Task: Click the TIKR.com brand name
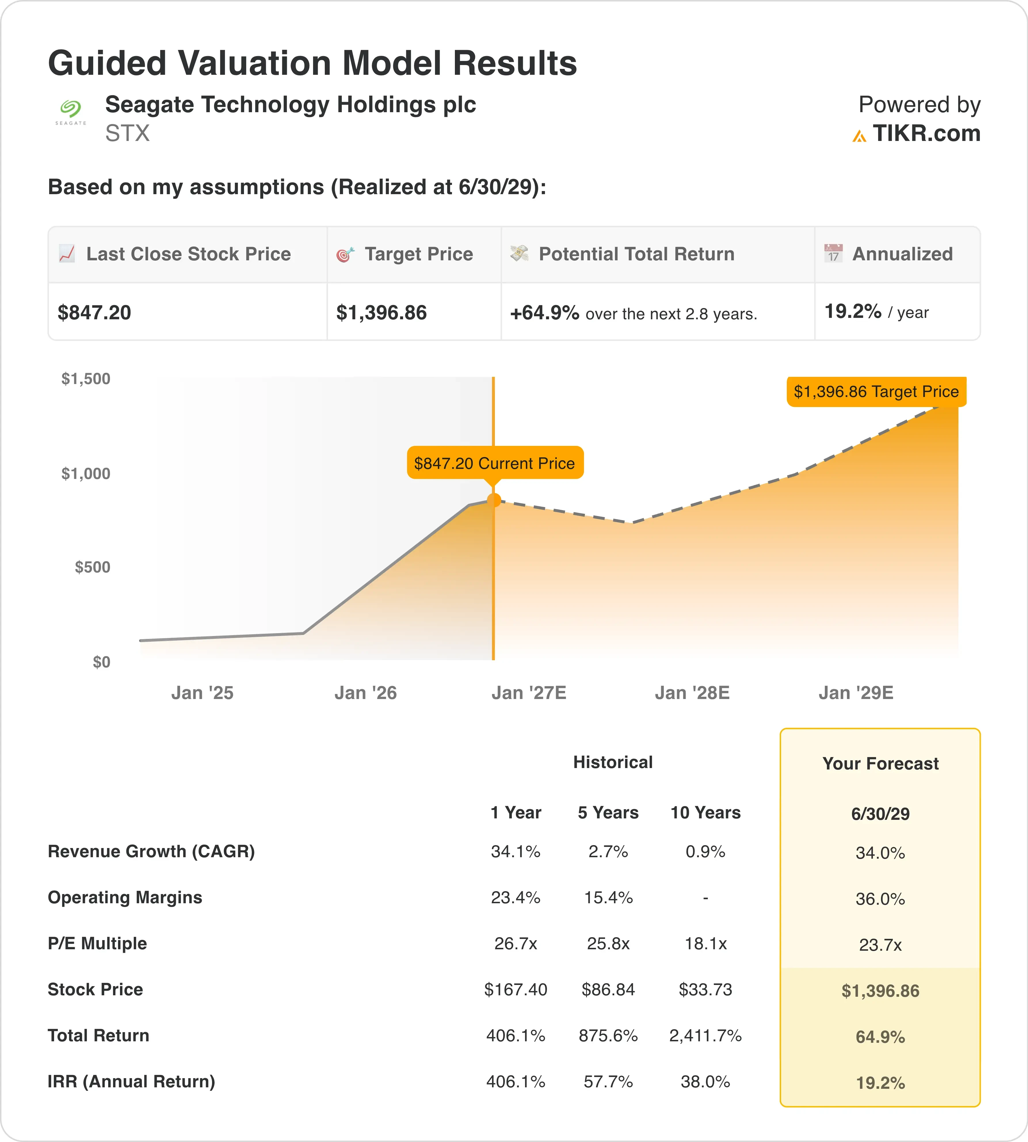tap(926, 133)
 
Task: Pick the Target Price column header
tap(419, 254)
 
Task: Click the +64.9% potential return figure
tap(545, 312)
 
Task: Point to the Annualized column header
tap(902, 254)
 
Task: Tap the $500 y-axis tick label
tap(93, 567)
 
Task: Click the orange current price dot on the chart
tap(494, 500)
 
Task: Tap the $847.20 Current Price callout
tap(495, 463)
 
